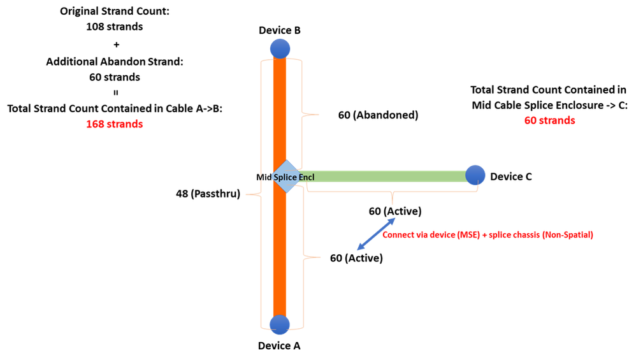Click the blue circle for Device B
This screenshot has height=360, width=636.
point(280,48)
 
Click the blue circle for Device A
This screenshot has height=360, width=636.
point(280,324)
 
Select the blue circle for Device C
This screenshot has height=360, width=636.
point(475,175)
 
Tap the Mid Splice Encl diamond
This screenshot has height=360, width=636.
point(285,176)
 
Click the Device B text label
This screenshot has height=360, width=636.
point(279,30)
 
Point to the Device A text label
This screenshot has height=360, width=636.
point(279,346)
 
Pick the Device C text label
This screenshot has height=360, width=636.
point(511,176)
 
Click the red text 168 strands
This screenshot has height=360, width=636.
point(114,124)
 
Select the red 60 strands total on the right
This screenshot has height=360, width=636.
point(549,120)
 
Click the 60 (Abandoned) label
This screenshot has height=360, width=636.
point(378,115)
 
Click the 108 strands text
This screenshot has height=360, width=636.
point(114,27)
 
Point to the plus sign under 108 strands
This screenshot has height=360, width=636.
point(115,45)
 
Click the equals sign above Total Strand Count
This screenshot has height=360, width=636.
point(115,93)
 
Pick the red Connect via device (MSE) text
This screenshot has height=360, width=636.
point(488,235)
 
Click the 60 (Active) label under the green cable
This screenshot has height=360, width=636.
point(394,211)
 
